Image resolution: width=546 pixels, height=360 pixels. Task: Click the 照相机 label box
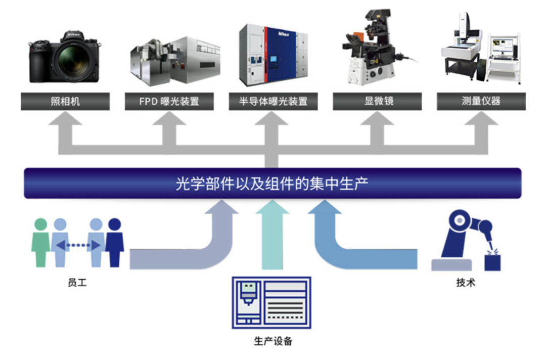point(65,101)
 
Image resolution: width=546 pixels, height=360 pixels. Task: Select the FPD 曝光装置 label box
point(169,101)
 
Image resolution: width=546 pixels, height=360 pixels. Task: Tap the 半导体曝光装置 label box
point(273,101)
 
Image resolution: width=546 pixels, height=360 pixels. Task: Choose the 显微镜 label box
point(377,101)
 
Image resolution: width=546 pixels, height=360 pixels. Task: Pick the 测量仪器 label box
point(481,101)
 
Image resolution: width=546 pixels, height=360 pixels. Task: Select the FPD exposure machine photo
point(168,61)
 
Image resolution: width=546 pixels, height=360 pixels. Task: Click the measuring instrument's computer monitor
point(504,48)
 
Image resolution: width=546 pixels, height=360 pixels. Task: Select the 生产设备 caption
point(273,340)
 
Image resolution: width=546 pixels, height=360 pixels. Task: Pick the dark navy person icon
point(115,242)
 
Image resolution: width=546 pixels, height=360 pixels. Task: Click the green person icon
point(40,242)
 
